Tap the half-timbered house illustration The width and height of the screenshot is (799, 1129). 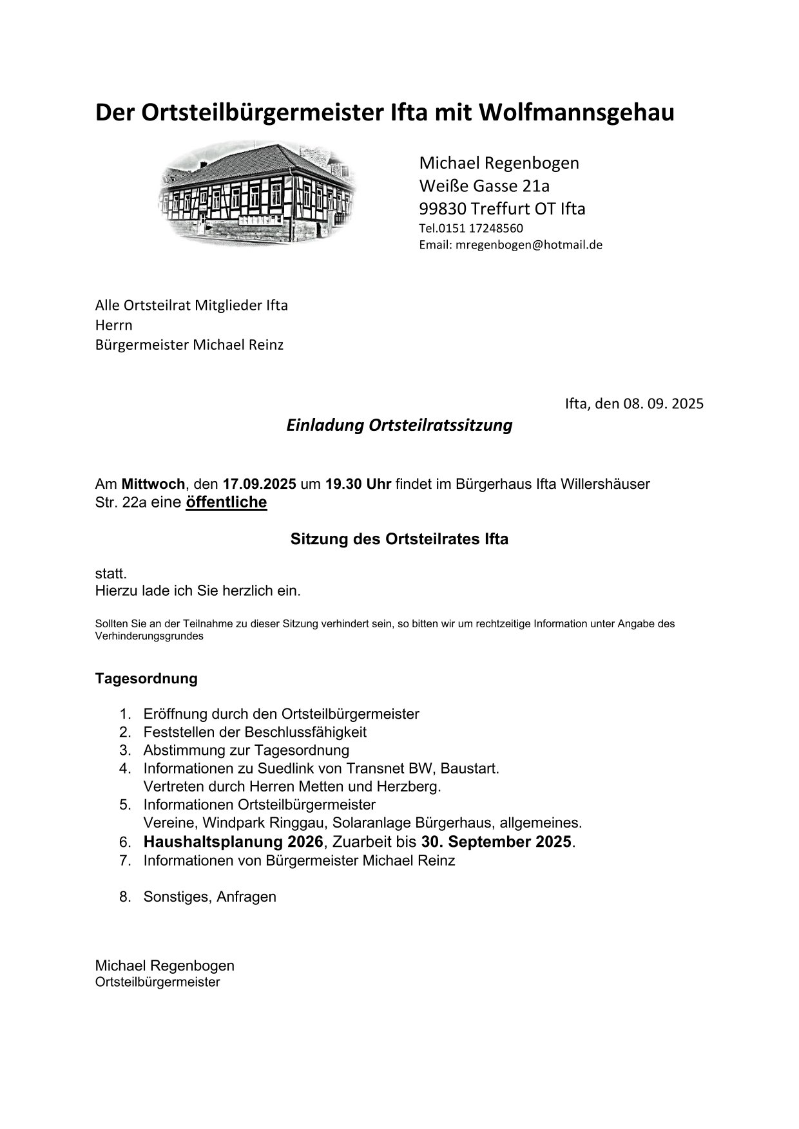(258, 193)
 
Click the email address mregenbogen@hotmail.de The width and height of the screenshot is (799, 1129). (528, 245)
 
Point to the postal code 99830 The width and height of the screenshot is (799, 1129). (443, 209)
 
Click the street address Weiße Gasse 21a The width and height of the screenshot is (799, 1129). (485, 186)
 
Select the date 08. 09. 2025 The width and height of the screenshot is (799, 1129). (663, 404)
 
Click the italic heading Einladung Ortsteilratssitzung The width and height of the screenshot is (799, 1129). (399, 426)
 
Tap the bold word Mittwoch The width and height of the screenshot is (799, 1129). (153, 484)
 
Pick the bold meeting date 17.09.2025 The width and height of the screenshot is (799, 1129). (259, 484)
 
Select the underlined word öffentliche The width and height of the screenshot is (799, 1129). (226, 502)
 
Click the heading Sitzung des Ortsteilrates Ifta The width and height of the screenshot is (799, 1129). (399, 540)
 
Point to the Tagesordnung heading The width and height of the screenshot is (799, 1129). (146, 679)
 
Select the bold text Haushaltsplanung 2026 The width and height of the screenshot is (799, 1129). (233, 842)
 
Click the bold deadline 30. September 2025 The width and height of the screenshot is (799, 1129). (496, 842)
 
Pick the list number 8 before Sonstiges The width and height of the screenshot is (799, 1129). (124, 897)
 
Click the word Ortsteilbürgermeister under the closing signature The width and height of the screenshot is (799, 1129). (157, 983)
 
